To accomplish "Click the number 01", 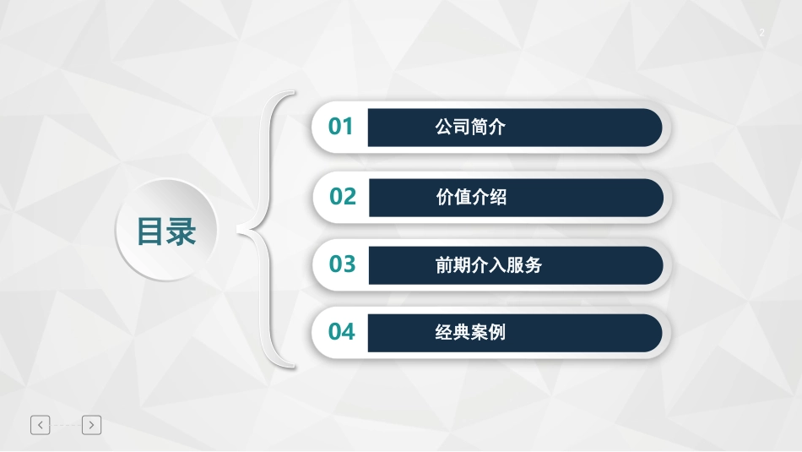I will point(341,128).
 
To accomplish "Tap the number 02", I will point(343,197).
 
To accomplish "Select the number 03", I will point(343,264).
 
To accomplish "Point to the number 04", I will point(342,332).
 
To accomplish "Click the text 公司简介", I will point(470,128).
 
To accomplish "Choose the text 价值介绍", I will point(471,198).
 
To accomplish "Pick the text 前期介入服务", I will point(488,265).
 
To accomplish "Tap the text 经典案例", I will point(470,332).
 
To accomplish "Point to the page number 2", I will point(761,33).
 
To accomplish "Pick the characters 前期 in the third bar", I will point(452,265).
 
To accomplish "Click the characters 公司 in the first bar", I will point(452,128).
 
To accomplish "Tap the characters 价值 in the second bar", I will point(453,198).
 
